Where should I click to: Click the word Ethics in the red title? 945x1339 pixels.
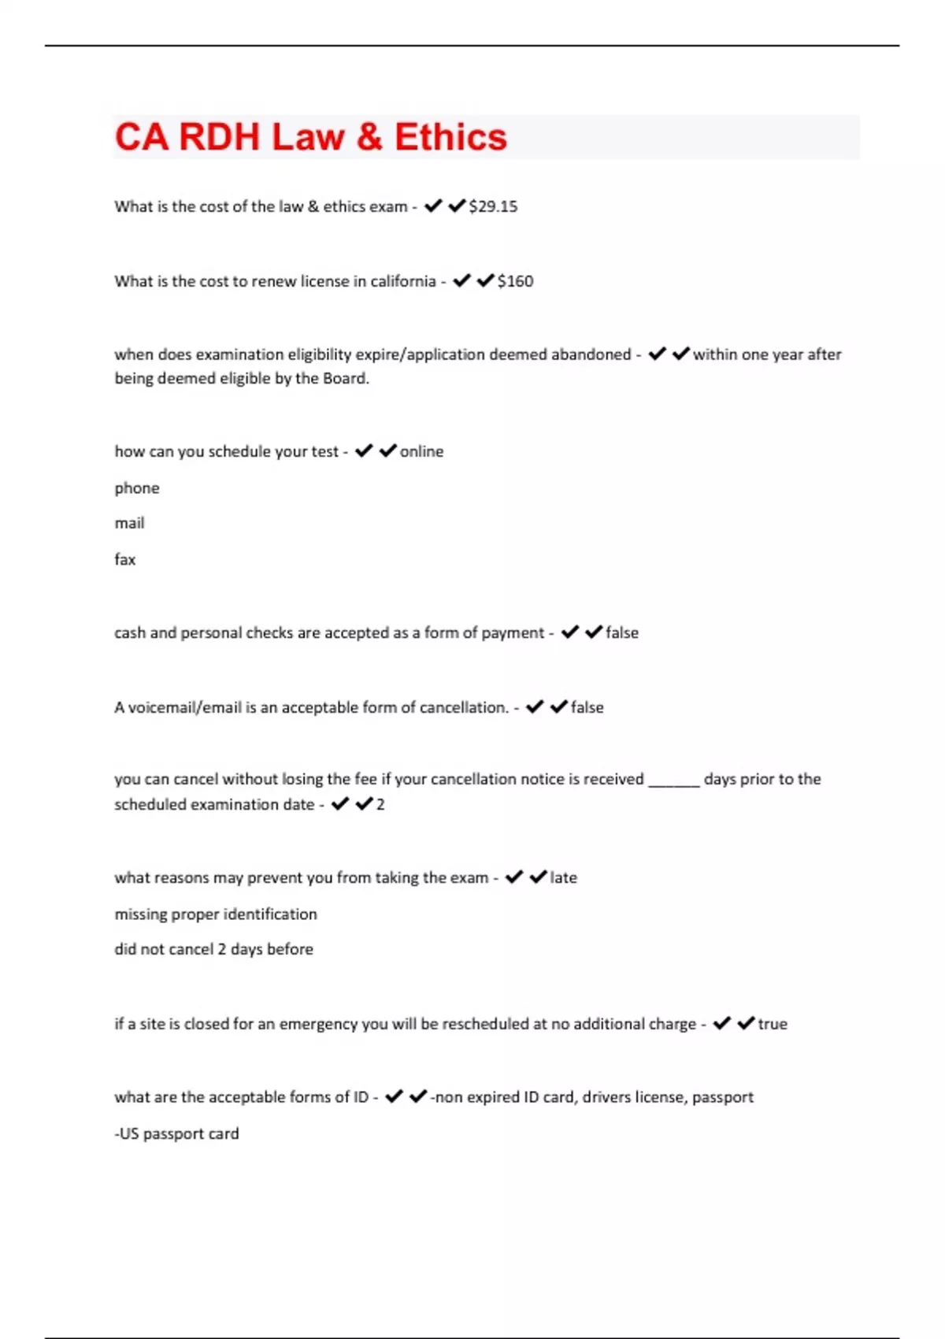[450, 137]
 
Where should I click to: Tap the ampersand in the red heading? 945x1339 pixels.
[369, 137]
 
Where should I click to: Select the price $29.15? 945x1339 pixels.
[493, 206]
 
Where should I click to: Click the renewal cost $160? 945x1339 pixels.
[515, 281]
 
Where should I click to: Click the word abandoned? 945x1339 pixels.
[591, 354]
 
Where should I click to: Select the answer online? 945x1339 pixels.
[421, 451]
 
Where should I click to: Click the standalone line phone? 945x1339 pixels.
[137, 488]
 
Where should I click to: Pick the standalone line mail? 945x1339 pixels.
[129, 523]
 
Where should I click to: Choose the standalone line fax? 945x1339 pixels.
[124, 559]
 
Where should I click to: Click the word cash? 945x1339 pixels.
[130, 632]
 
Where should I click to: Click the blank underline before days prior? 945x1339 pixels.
[673, 780]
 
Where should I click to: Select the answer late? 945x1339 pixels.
[563, 877]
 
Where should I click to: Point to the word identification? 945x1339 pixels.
[270, 914]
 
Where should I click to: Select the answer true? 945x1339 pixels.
[773, 1024]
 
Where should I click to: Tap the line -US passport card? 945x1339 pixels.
[176, 1133]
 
